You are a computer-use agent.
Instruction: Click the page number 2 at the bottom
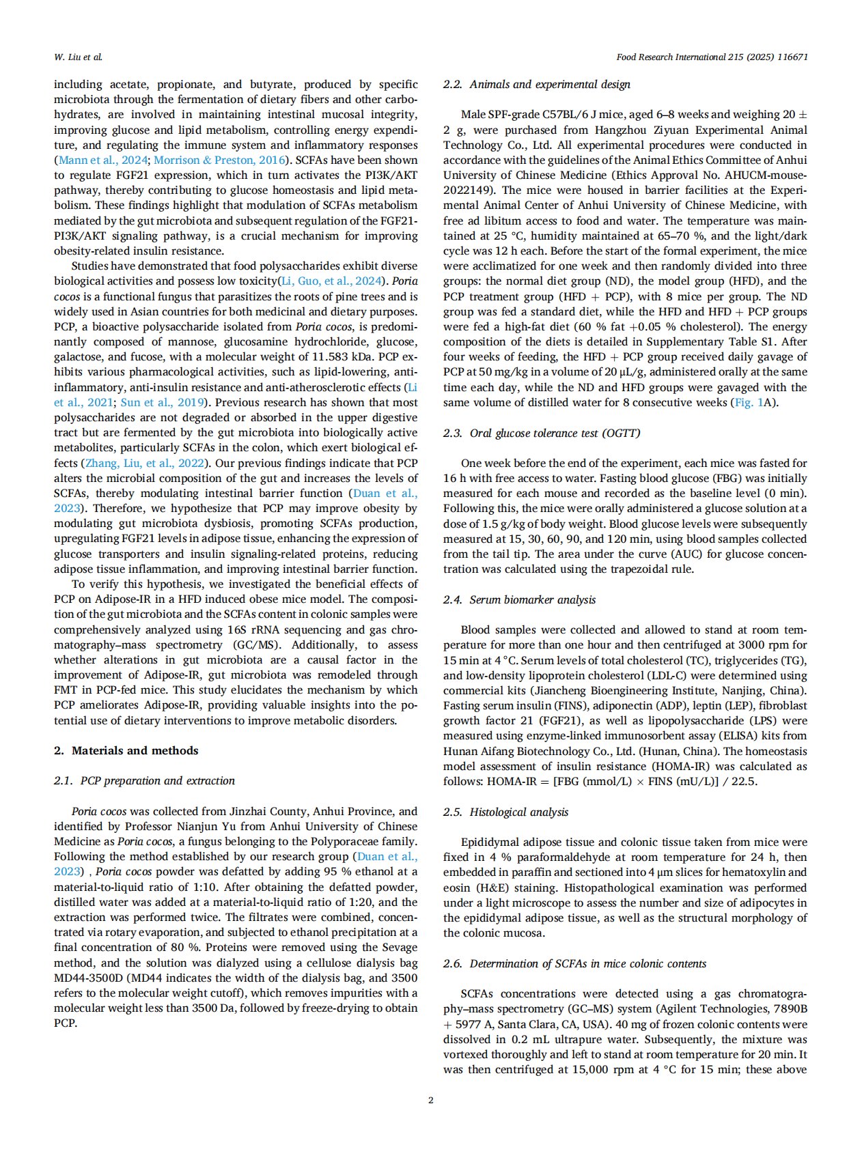click(430, 1100)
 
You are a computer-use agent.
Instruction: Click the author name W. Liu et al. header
click(78, 57)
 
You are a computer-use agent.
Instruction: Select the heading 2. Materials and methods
click(126, 750)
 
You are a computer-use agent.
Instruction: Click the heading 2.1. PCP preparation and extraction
click(144, 780)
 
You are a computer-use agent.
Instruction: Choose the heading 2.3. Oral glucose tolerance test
click(541, 433)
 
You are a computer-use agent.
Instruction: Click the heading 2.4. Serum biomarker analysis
click(519, 599)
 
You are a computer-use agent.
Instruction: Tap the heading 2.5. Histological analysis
click(505, 812)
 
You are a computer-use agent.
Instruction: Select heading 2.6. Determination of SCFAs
click(574, 963)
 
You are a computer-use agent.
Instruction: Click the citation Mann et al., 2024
click(102, 160)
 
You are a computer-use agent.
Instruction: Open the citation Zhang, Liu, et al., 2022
click(145, 463)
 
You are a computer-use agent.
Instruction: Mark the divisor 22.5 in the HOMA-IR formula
click(744, 781)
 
